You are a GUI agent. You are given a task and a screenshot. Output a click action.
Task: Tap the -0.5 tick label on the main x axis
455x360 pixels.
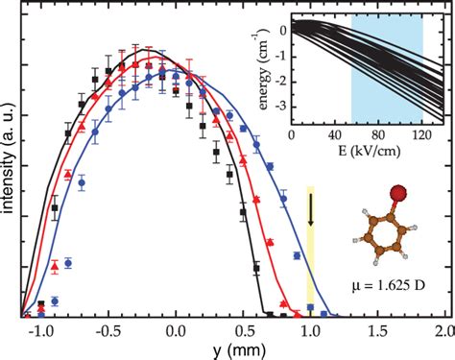tap(107, 329)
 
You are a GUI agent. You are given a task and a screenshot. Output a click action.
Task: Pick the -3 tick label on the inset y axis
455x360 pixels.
tap(279, 111)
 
